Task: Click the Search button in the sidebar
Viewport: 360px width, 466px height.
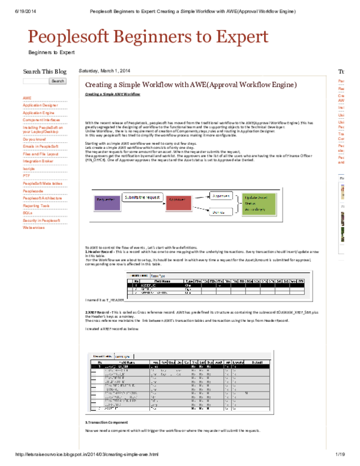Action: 58,81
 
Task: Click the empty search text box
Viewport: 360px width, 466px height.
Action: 35,81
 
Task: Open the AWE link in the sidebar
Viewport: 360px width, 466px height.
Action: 27,97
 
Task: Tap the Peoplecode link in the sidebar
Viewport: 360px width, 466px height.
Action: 33,190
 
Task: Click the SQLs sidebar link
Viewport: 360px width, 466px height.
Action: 28,213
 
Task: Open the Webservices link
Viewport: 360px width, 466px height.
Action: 34,228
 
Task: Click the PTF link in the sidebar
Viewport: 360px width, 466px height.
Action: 26,176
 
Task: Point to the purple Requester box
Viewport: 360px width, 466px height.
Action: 105,198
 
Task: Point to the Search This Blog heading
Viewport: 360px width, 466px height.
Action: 44,71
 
